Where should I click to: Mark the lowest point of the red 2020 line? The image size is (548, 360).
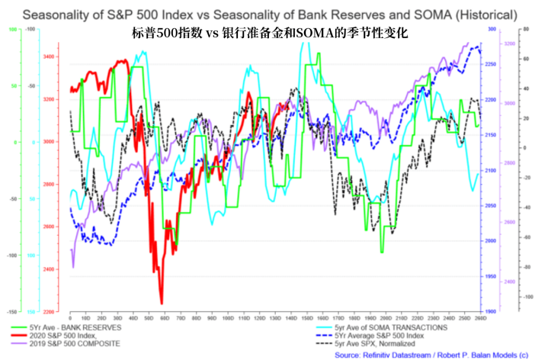pos(162,303)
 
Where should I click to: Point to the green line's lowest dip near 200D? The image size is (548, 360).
pos(382,252)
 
